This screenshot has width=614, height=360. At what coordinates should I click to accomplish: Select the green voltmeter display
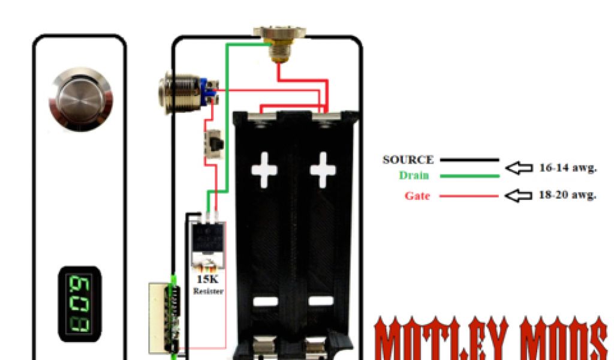click(x=79, y=299)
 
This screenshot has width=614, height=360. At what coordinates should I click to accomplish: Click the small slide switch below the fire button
click(x=212, y=144)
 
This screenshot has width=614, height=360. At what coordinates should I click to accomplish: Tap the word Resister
click(x=207, y=291)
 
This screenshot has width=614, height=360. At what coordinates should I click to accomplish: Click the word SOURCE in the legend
click(x=408, y=160)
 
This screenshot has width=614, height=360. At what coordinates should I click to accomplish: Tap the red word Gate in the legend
click(x=417, y=196)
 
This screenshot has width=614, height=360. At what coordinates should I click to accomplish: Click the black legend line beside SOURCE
click(x=469, y=160)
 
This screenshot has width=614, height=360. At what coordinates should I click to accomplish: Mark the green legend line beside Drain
click(x=469, y=176)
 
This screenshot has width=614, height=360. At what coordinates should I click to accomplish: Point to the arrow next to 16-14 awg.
click(x=519, y=168)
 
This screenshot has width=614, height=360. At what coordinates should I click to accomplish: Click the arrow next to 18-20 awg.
click(x=519, y=196)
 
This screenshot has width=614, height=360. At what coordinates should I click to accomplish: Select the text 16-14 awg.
click(x=567, y=168)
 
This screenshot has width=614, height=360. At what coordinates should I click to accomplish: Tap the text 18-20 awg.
click(x=567, y=196)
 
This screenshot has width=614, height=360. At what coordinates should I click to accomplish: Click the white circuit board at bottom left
click(x=161, y=315)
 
